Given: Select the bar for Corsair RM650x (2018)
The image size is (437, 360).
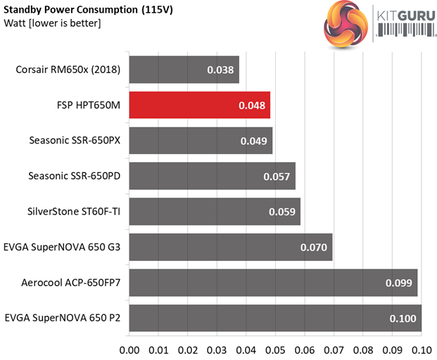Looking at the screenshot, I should click(x=184, y=70).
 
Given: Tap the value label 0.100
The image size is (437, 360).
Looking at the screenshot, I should click(x=403, y=318).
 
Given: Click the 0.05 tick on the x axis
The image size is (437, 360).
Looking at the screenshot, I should click(x=275, y=348).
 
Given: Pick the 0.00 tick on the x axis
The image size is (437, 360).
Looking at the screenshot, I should click(x=129, y=348).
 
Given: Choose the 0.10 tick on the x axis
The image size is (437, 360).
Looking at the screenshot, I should click(x=421, y=348).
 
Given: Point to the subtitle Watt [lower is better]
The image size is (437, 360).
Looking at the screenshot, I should click(x=52, y=24).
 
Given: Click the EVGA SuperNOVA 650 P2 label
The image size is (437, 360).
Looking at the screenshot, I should click(x=62, y=318).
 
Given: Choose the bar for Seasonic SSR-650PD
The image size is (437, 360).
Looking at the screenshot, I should click(x=212, y=176).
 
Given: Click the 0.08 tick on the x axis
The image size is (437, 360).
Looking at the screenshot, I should click(x=362, y=348).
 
